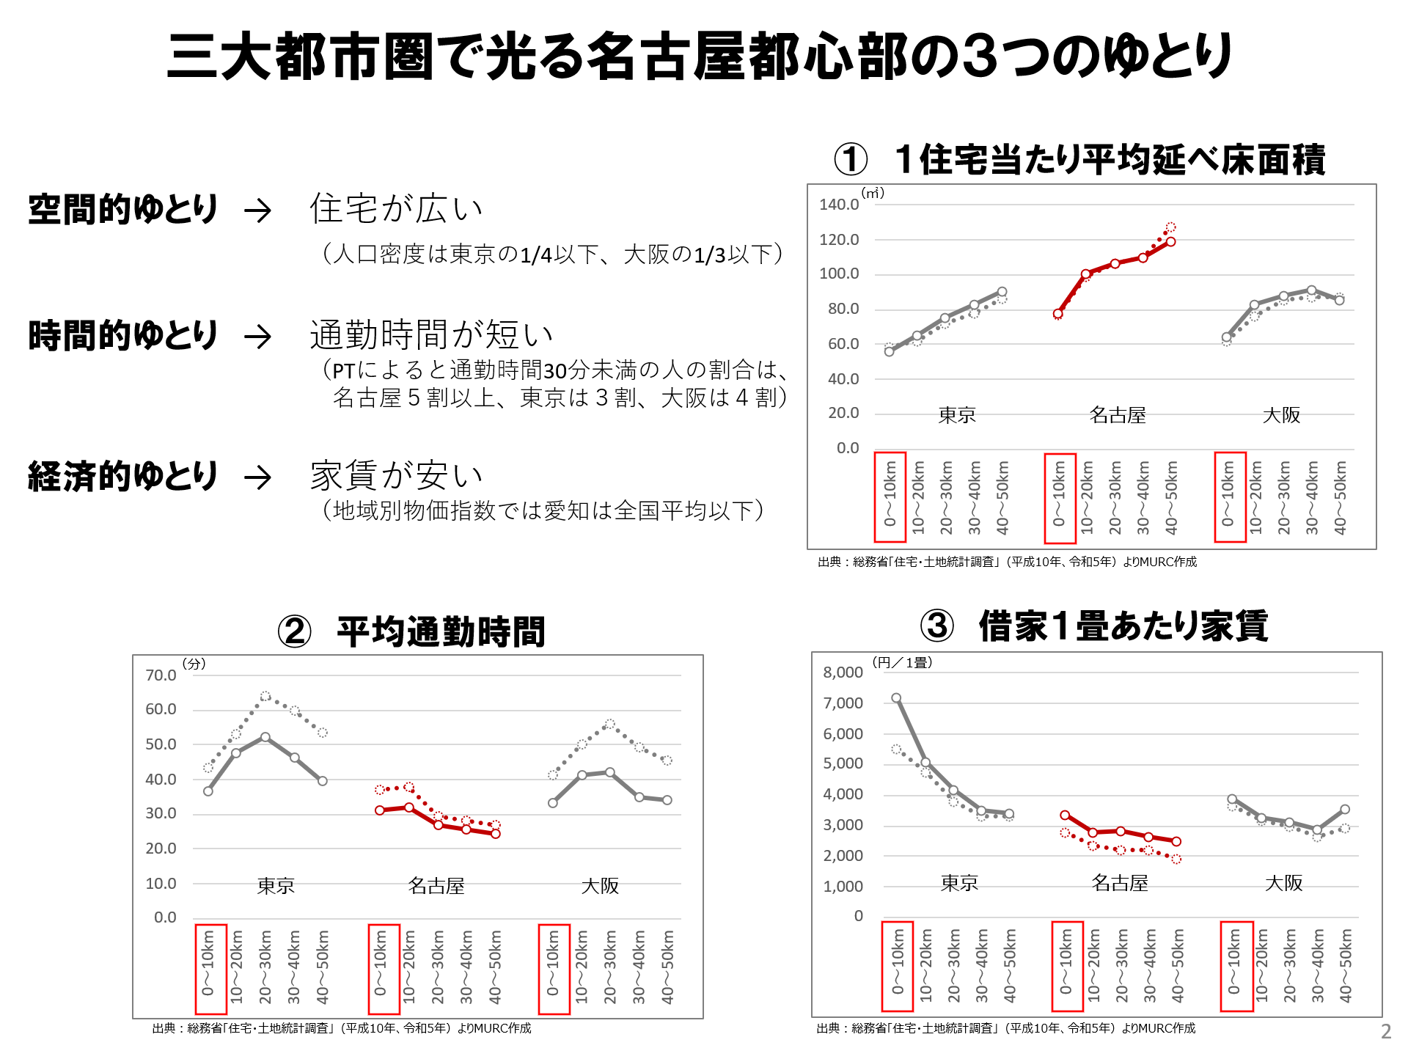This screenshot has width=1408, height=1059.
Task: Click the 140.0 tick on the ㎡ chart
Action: tap(839, 205)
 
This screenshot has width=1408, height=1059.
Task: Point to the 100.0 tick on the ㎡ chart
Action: tap(839, 274)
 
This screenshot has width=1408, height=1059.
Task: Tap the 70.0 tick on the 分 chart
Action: tap(161, 675)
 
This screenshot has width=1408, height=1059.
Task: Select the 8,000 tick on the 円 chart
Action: tap(843, 673)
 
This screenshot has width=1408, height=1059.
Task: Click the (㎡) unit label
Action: tap(873, 193)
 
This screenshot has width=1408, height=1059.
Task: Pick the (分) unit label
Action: tap(194, 664)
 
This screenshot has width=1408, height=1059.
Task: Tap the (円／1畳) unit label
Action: tap(902, 662)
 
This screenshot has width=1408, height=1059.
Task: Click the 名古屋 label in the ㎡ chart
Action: tap(1118, 415)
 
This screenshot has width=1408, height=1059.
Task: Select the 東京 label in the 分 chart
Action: tap(276, 886)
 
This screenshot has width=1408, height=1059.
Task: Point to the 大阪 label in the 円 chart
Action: tap(1283, 883)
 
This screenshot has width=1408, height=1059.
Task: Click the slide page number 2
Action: tap(1386, 1031)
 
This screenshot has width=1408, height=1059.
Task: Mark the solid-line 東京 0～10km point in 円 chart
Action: tap(896, 698)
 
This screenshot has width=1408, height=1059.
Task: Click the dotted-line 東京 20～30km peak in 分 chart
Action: tap(265, 696)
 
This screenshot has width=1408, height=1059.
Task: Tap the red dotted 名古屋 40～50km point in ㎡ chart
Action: tap(1170, 227)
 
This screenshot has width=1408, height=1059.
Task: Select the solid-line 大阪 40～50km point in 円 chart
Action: tap(1345, 810)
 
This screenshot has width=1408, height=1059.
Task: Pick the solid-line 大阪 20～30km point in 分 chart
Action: tap(610, 772)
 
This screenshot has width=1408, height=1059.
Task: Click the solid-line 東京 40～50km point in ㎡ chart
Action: tap(1002, 292)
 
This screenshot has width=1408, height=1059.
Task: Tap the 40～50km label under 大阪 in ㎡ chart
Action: tap(1341, 497)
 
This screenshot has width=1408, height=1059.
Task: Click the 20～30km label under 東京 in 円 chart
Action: tap(954, 965)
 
